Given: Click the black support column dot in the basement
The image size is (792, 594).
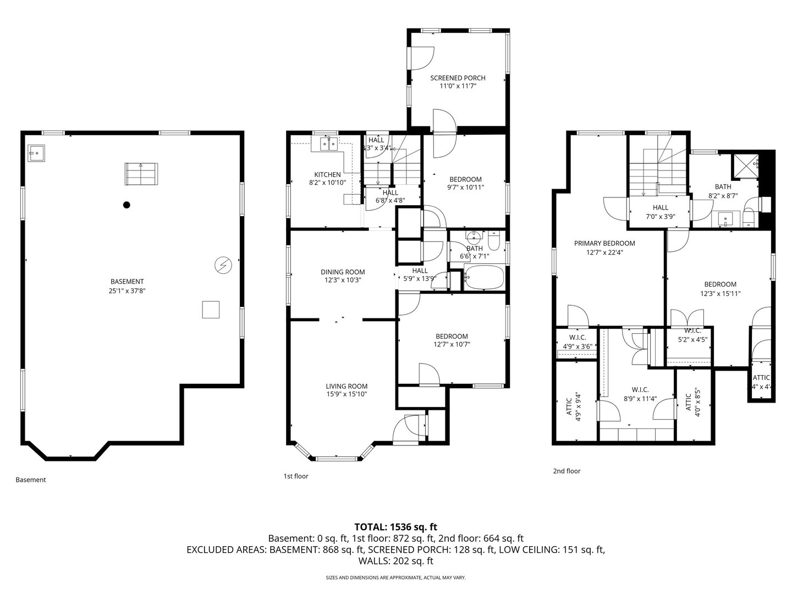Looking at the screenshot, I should coord(127,205).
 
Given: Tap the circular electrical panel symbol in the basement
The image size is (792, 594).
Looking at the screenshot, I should coord(223,266).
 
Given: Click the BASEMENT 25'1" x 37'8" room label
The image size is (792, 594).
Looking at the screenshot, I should coord(127,286).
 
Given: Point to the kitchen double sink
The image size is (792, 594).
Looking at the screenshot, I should coord(328,145).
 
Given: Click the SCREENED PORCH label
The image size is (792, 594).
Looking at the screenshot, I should coord(458,82).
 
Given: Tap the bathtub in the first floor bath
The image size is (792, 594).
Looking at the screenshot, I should coord(484,278).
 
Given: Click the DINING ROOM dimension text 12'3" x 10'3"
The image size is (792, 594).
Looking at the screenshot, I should coord(343,280).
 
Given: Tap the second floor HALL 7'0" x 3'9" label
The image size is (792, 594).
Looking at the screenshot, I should coord(661,212).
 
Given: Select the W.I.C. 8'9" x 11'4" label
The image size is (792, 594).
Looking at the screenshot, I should coord(636,394).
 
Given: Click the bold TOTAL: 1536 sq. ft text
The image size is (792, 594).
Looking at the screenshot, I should coord(395,526).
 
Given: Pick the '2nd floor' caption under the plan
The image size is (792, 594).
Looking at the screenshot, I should coord(566,471).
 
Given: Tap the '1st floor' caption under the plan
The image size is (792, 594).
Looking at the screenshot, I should coord(296,476).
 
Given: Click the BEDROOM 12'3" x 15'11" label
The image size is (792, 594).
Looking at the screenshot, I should coord(720,289).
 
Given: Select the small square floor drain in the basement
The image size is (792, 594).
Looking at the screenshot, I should coord(211,310).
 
